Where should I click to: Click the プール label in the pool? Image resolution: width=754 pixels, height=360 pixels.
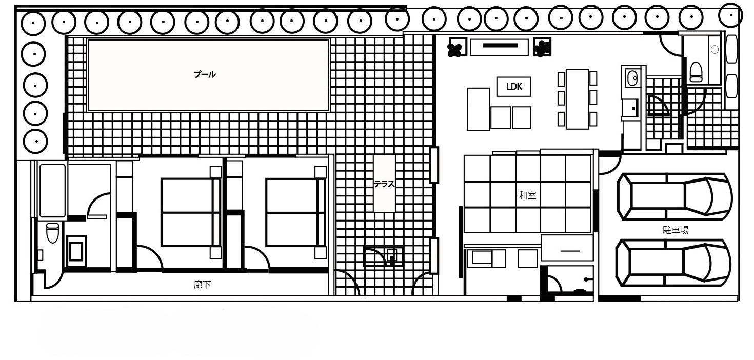click(x=205, y=74)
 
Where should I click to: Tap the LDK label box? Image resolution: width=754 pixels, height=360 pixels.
click(x=513, y=87)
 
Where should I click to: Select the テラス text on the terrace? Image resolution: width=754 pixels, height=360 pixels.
click(x=384, y=184)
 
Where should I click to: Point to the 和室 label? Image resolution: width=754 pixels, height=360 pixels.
click(x=527, y=195)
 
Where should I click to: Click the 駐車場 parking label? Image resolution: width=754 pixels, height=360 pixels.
click(x=675, y=230)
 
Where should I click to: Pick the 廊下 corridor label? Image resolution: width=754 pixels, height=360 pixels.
click(x=202, y=285)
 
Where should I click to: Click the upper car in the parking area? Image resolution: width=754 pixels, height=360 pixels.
click(x=674, y=196)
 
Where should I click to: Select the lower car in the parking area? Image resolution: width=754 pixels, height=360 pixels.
click(x=673, y=263)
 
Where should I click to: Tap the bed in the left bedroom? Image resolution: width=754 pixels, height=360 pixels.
click(x=191, y=212)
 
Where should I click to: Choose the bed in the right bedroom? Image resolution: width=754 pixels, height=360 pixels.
click(x=295, y=212)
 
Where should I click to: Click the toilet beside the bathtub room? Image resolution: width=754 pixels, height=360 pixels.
click(x=52, y=232)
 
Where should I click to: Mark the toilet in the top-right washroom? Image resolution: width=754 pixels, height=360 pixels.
click(x=696, y=72)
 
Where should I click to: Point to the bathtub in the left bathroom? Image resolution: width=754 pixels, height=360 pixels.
click(x=52, y=191)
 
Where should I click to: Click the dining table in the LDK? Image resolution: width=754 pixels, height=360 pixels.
click(x=577, y=99)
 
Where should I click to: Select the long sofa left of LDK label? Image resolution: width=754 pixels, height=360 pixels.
click(x=478, y=109)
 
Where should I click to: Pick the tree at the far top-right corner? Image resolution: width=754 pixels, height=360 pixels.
click(x=730, y=15)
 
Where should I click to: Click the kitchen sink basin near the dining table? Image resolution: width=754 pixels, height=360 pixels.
click(x=632, y=78)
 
